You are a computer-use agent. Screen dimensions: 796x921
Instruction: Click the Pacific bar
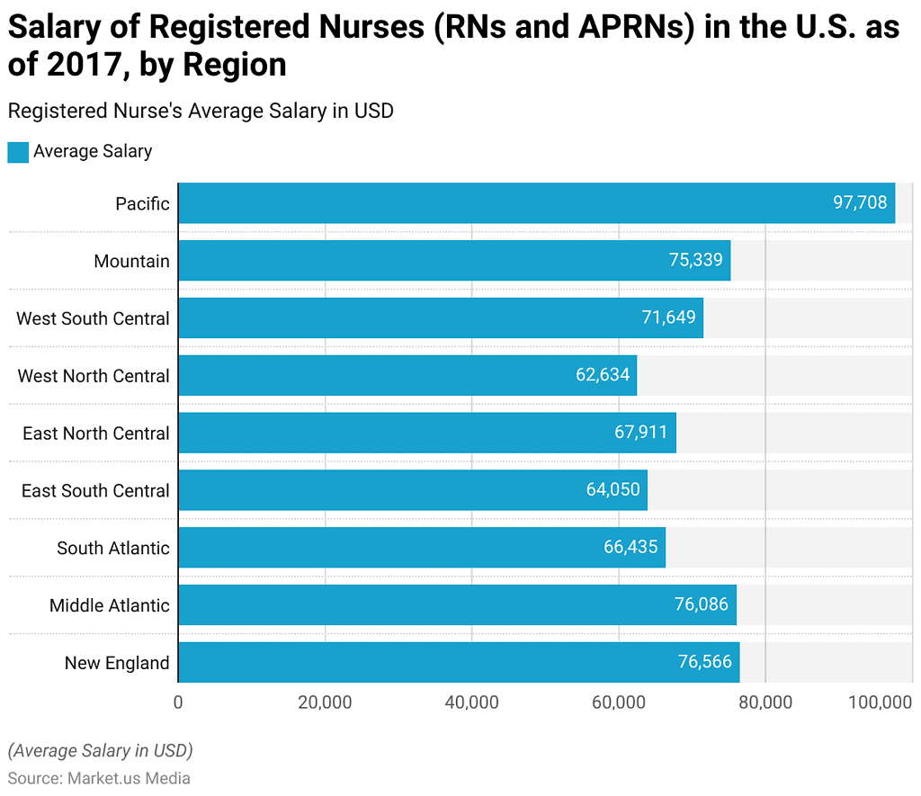click(536, 203)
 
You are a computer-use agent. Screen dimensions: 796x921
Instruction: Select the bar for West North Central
click(407, 375)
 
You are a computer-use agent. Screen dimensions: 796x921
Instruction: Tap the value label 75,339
click(695, 261)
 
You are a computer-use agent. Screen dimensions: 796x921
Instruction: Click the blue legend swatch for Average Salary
click(18, 152)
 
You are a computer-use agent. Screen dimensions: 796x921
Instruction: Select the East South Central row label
click(95, 491)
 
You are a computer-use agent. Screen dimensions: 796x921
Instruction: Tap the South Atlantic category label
click(112, 548)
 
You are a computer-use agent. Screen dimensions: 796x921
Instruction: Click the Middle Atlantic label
click(109, 605)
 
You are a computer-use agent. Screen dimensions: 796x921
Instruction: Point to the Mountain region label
click(131, 261)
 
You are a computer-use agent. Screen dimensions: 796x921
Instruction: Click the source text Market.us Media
click(129, 778)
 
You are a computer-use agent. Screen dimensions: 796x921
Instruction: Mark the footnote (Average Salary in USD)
click(100, 750)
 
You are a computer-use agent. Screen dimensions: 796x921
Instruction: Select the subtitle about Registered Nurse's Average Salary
click(200, 111)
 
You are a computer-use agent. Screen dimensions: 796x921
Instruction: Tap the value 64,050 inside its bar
click(613, 490)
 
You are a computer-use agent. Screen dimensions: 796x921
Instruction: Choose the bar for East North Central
click(426, 433)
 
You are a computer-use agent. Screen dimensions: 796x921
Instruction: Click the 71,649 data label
click(668, 318)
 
